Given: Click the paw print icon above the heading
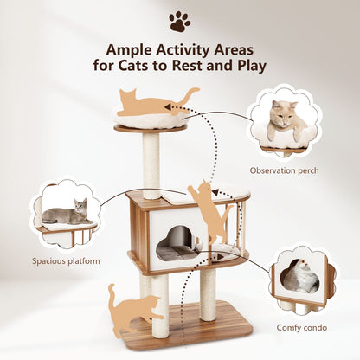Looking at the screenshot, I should tap(180, 21).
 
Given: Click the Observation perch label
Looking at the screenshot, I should tap(284, 170).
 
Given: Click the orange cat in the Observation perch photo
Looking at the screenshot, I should tap(285, 122).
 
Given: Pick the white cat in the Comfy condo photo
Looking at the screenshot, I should tap(300, 276).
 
